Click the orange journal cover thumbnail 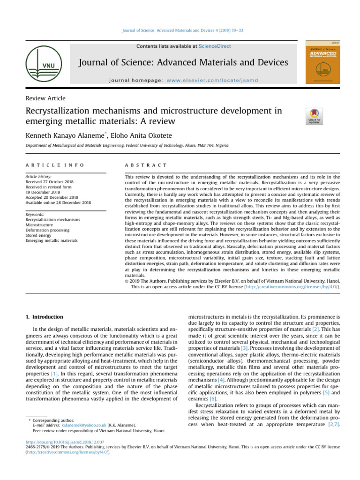coord(322,61)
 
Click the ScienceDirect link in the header coord(215,46)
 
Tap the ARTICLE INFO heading coord(54,165)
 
